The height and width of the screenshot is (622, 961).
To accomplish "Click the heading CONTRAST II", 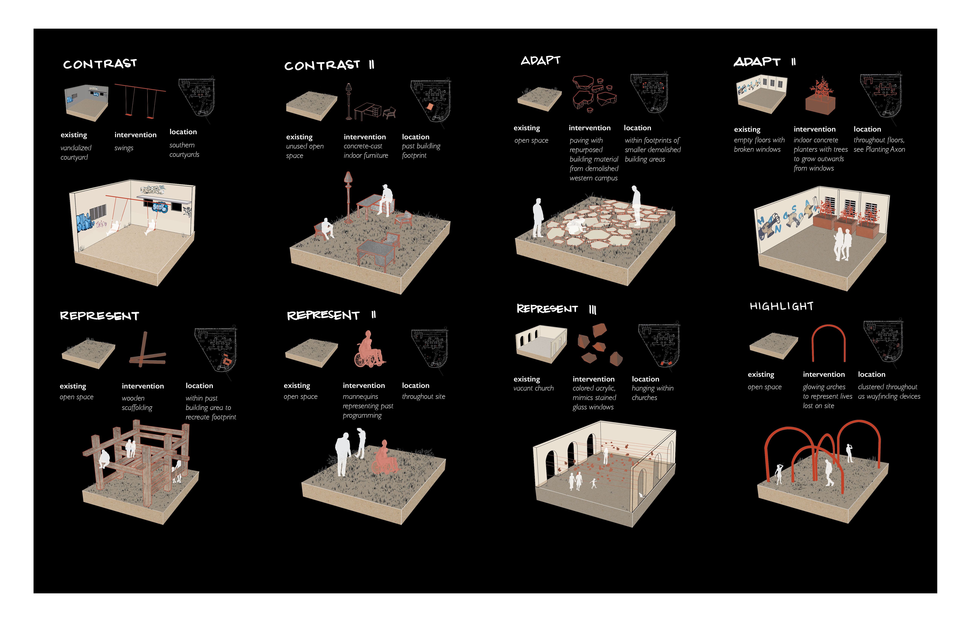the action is [330, 65].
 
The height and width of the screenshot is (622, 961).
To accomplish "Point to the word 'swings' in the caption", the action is [124, 148].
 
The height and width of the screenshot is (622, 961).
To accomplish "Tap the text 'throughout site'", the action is [424, 397].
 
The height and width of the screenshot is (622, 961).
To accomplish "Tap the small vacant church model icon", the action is [541, 344].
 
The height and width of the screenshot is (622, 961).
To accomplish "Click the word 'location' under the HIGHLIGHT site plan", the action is [871, 374].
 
